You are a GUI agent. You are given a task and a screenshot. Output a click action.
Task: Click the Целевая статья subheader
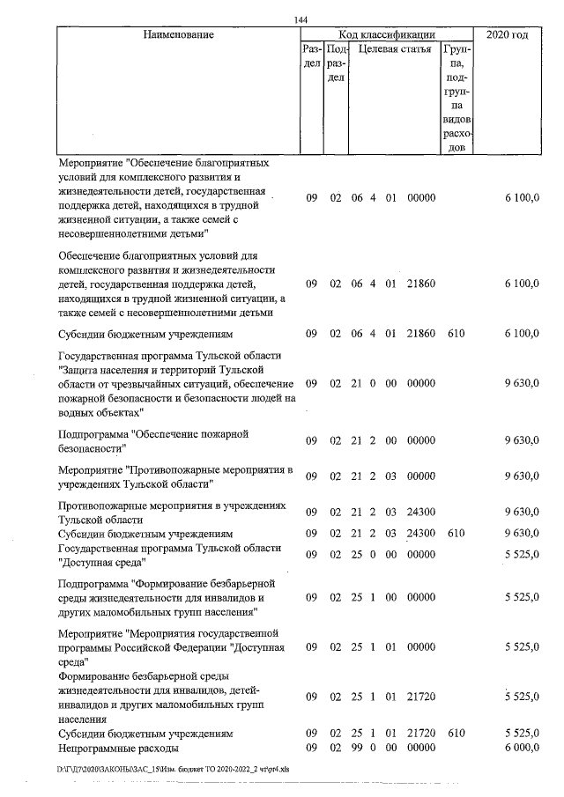pos(393,49)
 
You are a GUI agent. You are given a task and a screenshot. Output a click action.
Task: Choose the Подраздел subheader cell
pos(335,63)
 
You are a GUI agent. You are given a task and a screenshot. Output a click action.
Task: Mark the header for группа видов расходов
pos(456,97)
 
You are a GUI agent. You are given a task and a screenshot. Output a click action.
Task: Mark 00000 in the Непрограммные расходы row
pos(421,748)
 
